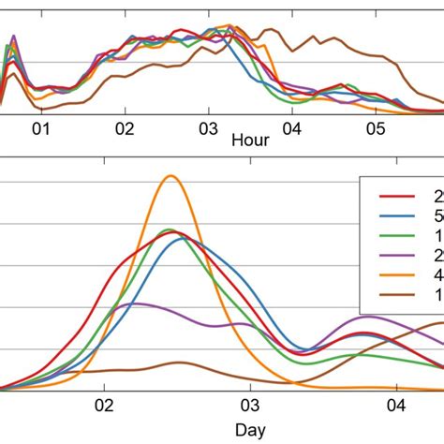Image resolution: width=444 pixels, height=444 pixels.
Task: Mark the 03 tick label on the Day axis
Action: tap(250, 407)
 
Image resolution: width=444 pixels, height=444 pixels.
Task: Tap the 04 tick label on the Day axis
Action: tap(396, 407)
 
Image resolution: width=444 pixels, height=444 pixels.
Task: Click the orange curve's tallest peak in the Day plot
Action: tap(170, 176)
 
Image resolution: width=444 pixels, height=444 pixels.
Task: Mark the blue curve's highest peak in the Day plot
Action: tap(183, 237)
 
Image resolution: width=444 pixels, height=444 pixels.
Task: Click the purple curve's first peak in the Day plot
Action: tap(136, 303)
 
